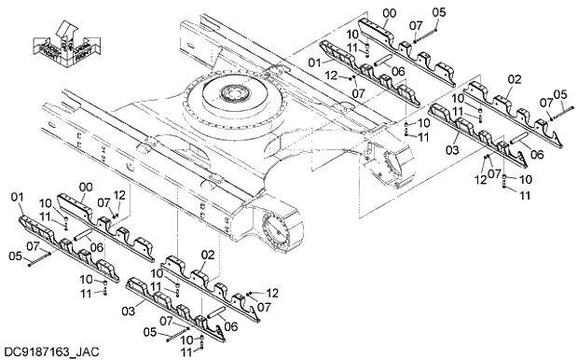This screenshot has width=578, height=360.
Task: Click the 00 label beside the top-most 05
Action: pos(388,12)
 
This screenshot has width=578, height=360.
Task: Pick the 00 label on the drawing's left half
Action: pos(87,187)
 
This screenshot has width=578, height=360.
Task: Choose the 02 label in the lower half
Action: pos(207,254)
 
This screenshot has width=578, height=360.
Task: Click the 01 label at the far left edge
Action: pos(16,197)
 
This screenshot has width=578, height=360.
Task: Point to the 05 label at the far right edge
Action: pos(560,94)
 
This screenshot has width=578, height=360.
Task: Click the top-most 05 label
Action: pos(440,12)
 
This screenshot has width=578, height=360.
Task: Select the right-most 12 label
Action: pos(482,180)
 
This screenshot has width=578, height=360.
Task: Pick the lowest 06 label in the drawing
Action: pos(233,325)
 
